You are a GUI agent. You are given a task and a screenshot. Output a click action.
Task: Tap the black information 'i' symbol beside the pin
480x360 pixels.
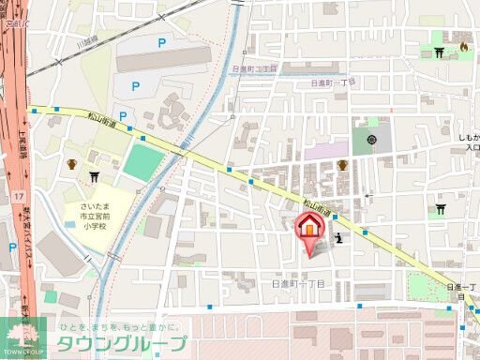click(x=338, y=237)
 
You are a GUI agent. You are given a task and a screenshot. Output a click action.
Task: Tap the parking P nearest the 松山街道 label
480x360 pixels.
click(x=122, y=115)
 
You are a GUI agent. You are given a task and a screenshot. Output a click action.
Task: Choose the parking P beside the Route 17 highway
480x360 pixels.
click(x=12, y=248)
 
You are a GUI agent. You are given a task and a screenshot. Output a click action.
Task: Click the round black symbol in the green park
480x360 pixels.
click(x=372, y=141)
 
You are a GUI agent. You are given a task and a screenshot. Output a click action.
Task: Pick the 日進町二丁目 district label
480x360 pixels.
click(x=253, y=69)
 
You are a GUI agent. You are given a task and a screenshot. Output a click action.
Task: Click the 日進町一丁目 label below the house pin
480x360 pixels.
click(x=297, y=282)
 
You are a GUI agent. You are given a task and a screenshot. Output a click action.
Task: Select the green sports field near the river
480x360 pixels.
click(x=142, y=161)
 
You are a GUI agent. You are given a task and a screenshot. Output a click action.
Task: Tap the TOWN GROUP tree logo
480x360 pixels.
click(x=22, y=336)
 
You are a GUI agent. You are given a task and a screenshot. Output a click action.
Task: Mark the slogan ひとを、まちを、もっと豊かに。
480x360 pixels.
click(x=122, y=323)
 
